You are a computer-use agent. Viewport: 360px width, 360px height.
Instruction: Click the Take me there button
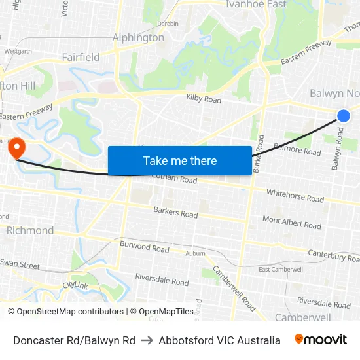(x=180, y=160)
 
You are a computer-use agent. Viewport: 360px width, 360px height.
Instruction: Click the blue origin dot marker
(x=344, y=116)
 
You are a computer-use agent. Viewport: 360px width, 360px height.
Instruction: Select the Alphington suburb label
(x=138, y=37)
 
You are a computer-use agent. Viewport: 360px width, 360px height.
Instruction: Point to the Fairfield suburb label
(x=81, y=57)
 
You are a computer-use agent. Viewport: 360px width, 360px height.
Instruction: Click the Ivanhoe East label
(x=256, y=5)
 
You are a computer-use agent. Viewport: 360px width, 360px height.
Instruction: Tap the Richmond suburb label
(x=30, y=230)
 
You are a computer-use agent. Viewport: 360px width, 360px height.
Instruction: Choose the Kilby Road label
(x=204, y=99)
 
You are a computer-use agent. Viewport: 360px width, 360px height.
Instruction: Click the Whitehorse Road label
(x=295, y=195)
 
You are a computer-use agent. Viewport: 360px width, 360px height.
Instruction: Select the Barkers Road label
(x=175, y=213)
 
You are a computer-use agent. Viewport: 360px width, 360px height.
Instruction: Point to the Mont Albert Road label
(x=292, y=223)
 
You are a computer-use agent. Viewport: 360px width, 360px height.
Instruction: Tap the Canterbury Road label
(x=325, y=253)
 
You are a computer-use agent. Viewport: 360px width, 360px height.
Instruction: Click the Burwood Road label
(x=144, y=247)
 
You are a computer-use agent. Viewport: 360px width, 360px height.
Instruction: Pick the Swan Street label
(x=20, y=264)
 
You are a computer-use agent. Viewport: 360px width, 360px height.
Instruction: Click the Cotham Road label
(x=174, y=179)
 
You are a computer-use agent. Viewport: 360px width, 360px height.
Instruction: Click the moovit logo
(x=321, y=340)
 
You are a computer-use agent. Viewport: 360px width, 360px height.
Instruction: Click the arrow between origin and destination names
(x=147, y=340)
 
